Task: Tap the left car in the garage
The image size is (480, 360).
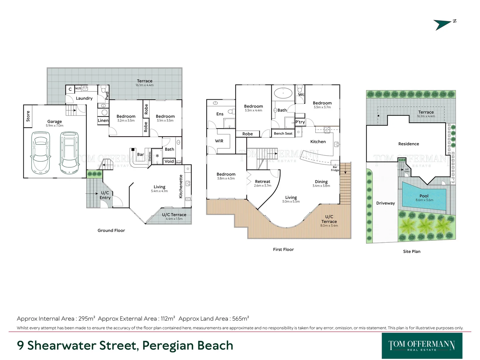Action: (x=40, y=152)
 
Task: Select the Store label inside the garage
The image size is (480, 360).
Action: (x=28, y=116)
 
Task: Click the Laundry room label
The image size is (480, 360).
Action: (x=84, y=98)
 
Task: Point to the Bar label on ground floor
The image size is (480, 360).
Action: (x=141, y=154)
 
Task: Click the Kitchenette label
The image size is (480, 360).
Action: (x=181, y=186)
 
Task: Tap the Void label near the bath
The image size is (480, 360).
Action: (x=169, y=161)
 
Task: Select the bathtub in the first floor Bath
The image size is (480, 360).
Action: (x=283, y=93)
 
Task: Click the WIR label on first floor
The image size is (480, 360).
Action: (x=219, y=141)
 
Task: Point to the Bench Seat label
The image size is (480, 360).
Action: (x=283, y=134)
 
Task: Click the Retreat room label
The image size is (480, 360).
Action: (x=262, y=182)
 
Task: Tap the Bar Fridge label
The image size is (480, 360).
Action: (x=335, y=169)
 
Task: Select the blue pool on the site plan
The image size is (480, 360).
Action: (x=424, y=198)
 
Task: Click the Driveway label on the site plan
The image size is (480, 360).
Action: (x=385, y=203)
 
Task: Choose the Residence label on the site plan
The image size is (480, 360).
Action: (x=408, y=144)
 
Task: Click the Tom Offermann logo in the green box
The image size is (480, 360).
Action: (x=422, y=346)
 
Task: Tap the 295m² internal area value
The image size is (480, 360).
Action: (x=87, y=319)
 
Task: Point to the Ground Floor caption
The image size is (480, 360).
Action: (x=111, y=230)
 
